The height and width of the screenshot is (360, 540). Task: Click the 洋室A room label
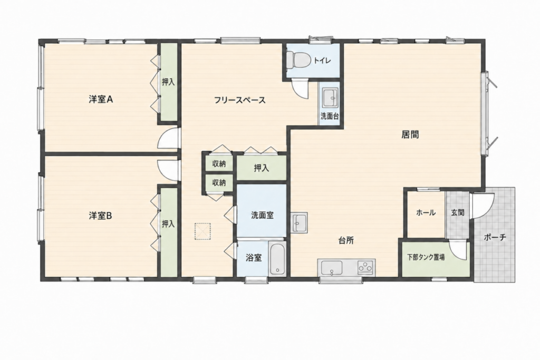pyautogui.click(x=101, y=100)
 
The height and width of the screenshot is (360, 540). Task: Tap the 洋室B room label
pyautogui.click(x=101, y=216)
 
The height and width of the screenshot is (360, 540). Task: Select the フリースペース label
pyautogui.click(x=240, y=100)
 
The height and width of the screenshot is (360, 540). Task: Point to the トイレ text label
pyautogui.click(x=322, y=61)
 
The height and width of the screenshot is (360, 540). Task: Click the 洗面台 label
pyautogui.click(x=330, y=116)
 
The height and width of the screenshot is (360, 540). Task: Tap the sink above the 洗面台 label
pyautogui.click(x=331, y=98)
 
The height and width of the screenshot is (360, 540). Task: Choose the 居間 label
pyautogui.click(x=410, y=134)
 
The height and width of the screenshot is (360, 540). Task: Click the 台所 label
pyautogui.click(x=346, y=240)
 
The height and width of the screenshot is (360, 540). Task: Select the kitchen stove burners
pyautogui.click(x=365, y=267)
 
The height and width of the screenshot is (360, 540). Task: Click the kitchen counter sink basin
pyautogui.click(x=332, y=267)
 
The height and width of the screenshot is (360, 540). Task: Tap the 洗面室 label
pyautogui.click(x=262, y=216)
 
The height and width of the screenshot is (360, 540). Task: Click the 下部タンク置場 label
pyautogui.click(x=426, y=257)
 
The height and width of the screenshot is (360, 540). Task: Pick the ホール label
pyautogui.click(x=426, y=212)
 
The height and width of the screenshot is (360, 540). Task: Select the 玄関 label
pyautogui.click(x=458, y=212)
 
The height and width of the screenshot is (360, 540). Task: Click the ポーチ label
pyautogui.click(x=495, y=237)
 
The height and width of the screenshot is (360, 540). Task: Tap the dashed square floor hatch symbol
pyautogui.click(x=202, y=231)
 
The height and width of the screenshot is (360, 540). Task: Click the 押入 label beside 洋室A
pyautogui.click(x=168, y=82)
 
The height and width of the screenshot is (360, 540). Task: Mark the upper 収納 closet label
pyautogui.click(x=219, y=164)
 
